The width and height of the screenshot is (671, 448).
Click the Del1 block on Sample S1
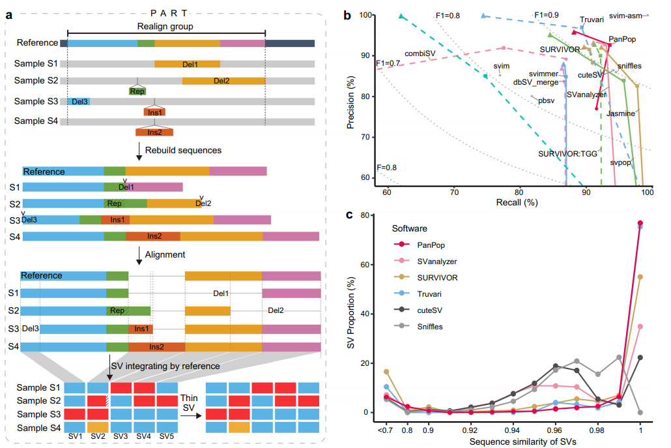(x=188, y=65)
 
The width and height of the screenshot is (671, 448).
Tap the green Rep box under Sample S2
(x=137, y=91)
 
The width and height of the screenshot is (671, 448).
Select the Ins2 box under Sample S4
(x=154, y=132)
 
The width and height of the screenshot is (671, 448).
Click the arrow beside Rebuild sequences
(x=139, y=151)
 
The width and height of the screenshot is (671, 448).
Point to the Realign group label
(x=165, y=27)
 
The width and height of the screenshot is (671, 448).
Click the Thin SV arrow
(x=191, y=415)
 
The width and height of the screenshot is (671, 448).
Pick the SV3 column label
(x=121, y=436)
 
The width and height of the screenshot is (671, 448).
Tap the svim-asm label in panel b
(x=625, y=16)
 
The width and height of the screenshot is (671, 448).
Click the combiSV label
(x=420, y=53)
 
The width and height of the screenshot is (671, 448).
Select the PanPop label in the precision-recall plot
(x=622, y=39)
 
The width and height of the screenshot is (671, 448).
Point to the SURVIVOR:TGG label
(x=567, y=154)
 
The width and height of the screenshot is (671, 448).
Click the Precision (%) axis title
(x=351, y=102)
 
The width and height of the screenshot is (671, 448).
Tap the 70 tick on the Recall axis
(x=454, y=192)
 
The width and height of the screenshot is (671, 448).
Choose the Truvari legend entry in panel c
(x=429, y=294)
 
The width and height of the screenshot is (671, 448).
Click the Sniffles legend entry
(x=430, y=326)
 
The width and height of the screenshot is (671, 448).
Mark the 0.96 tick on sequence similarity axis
(x=554, y=430)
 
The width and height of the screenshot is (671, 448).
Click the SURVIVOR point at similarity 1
(x=640, y=277)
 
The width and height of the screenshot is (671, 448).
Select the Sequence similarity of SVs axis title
(x=522, y=441)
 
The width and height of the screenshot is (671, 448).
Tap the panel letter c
(x=349, y=215)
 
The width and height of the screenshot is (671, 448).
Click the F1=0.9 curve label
(x=547, y=15)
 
